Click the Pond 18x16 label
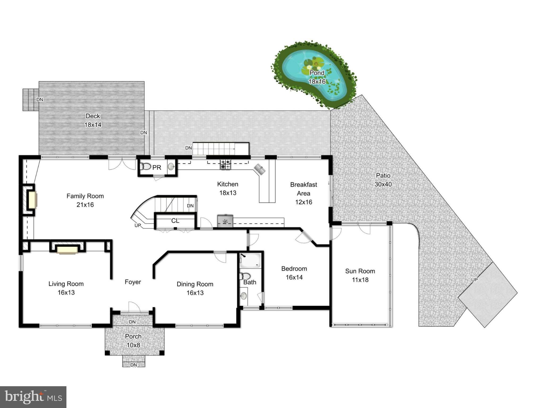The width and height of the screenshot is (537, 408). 317,77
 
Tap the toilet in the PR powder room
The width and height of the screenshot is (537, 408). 145,167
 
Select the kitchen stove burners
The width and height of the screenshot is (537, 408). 225,164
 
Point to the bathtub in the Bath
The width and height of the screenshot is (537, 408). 250,260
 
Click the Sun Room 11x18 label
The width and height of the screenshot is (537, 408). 360,275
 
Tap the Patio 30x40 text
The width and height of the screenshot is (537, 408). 383,180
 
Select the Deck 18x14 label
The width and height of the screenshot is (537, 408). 93,120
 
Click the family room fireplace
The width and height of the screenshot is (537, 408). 32,199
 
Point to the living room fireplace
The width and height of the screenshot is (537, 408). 67,250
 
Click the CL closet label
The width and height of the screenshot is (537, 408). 175,221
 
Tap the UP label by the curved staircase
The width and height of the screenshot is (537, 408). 138,226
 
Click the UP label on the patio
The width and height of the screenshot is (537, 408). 474,280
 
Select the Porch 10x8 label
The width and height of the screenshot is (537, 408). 133,341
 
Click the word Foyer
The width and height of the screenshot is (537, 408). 133,282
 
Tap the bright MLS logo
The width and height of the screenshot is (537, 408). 33,397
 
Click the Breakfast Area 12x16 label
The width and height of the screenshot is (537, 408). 303,193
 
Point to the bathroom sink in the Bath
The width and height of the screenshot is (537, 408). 244,296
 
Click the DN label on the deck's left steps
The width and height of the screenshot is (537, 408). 40,100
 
